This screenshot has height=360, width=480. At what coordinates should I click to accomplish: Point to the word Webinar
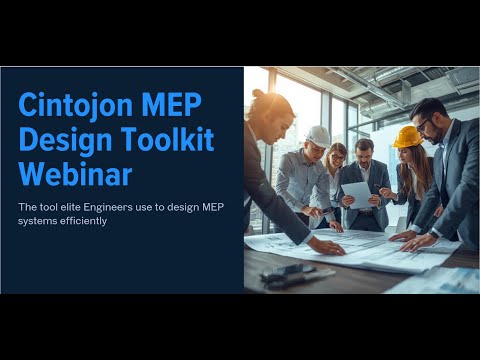click(x=75, y=174)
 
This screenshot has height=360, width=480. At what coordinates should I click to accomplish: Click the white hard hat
click(x=318, y=135)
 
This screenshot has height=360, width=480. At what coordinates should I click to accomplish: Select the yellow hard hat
click(x=407, y=136)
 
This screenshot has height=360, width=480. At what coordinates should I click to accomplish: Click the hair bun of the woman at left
click(x=259, y=94)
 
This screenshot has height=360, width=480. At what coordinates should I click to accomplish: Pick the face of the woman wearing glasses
click(x=337, y=159)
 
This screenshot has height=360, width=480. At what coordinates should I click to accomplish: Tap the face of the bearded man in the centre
click(x=365, y=154)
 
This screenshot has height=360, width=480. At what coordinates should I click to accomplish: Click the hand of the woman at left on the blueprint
click(x=324, y=245)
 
